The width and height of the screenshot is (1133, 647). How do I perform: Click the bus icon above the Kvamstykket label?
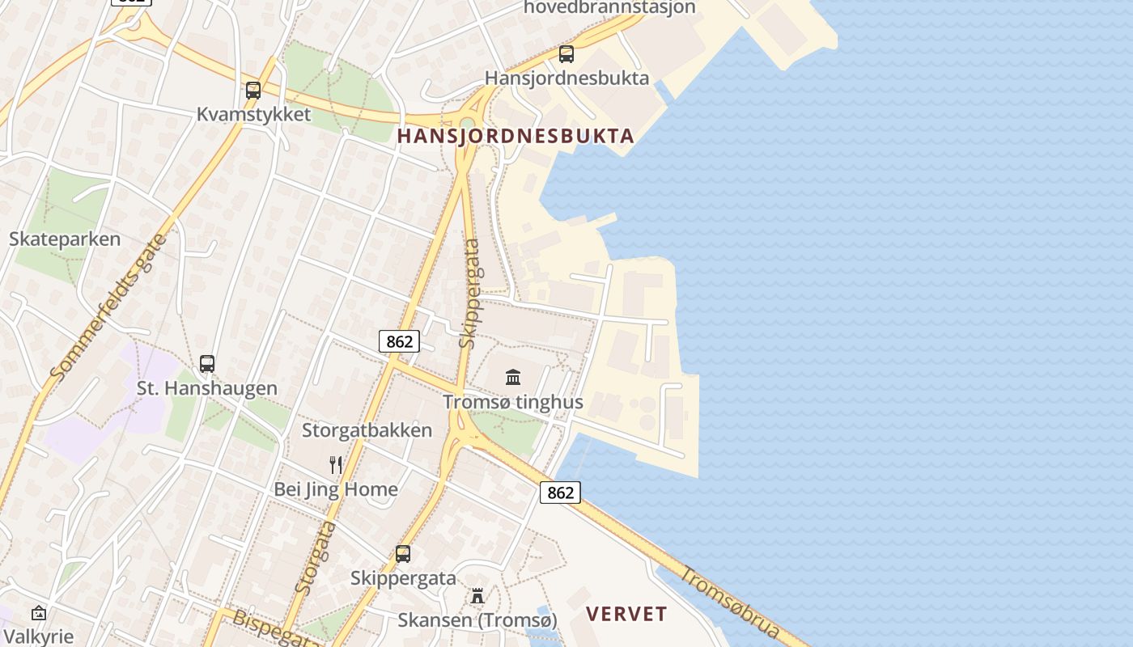pos(253,91)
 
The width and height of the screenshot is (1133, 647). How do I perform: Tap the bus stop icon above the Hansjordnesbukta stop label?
pos(566,54)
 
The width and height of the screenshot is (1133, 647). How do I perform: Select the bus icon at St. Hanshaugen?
pos(207,364)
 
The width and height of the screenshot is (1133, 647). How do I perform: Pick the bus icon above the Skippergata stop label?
pos(403,554)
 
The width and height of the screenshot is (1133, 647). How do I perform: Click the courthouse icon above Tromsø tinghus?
pos(513,377)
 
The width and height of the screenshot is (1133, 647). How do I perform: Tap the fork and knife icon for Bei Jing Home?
pos(336,465)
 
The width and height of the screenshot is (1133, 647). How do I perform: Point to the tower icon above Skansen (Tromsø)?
pos(477,596)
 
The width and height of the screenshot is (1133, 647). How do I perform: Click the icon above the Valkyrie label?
pos(38,613)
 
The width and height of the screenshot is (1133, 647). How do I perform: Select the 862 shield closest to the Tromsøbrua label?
pos(560,493)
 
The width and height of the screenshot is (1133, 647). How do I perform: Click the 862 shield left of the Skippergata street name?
pos(399,341)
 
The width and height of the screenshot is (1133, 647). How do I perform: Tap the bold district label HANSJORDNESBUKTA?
pos(516,136)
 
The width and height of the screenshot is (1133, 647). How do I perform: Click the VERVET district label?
pos(627,614)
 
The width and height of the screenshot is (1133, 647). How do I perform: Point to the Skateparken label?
pos(65,239)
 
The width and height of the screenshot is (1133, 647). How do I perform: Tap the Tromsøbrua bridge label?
pos(732,603)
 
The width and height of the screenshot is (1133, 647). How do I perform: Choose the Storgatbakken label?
pos(367,430)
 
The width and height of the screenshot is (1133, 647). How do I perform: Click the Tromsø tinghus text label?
pos(513,402)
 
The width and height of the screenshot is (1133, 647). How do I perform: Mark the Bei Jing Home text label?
pos(336,489)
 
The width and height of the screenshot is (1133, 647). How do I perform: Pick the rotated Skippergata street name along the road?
pos(469,293)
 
